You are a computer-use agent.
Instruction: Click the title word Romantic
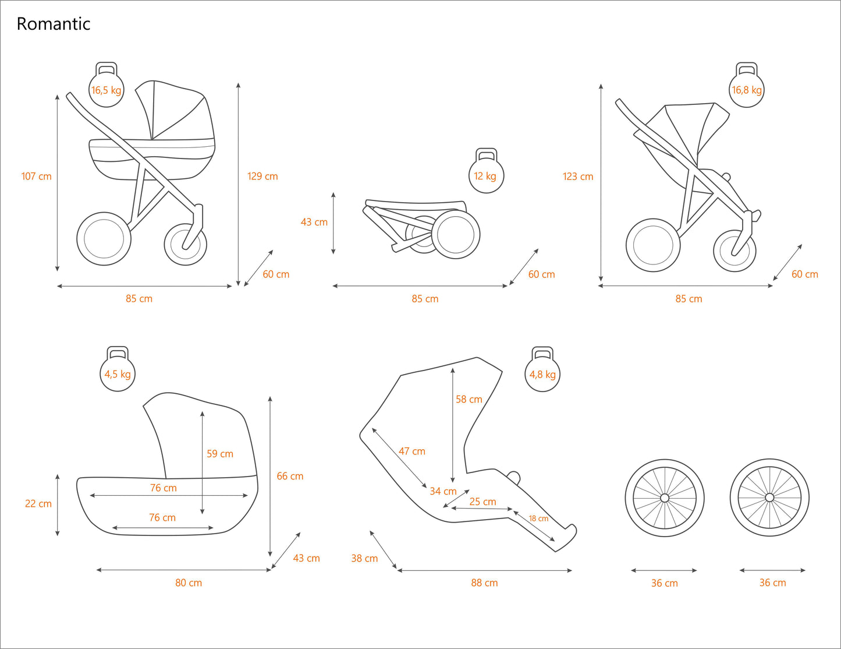tap(54, 24)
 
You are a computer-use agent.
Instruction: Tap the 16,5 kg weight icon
tap(107, 89)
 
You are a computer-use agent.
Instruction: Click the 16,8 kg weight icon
tap(747, 89)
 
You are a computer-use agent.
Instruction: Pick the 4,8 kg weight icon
tap(542, 373)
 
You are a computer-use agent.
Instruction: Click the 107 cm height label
tap(37, 176)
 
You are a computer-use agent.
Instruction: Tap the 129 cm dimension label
tap(262, 176)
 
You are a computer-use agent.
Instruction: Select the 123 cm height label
tap(578, 177)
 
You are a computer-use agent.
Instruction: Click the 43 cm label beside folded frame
tap(314, 222)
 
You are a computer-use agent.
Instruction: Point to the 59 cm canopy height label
tap(220, 453)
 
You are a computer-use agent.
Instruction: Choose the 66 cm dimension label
tap(290, 476)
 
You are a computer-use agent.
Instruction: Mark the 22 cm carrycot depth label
tap(38, 503)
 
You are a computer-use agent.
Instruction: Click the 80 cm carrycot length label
tap(189, 583)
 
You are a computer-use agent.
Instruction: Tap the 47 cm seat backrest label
tap(412, 451)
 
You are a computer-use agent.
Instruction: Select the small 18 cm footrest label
tap(538, 519)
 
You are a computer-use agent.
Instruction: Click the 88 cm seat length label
tap(484, 583)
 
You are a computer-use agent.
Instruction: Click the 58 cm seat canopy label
tap(469, 399)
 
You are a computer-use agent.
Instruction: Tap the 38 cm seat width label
tap(364, 558)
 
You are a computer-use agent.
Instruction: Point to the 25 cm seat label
tap(483, 502)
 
